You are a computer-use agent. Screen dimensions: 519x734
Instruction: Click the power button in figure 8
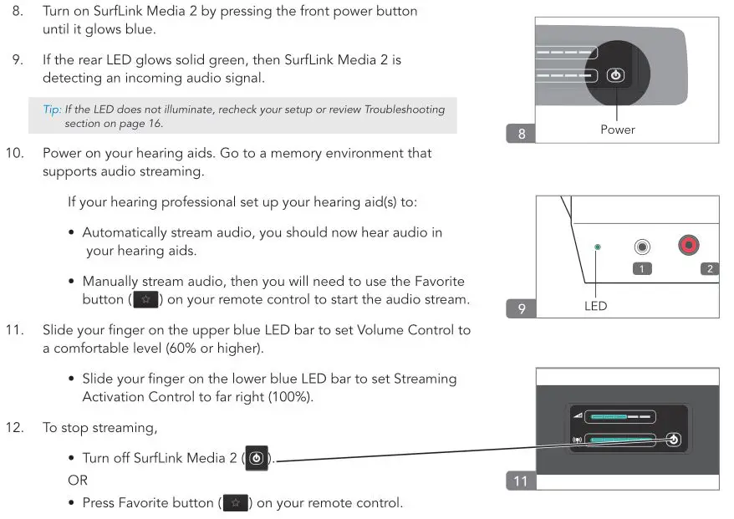point(615,75)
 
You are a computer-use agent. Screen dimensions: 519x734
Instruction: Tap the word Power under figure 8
point(617,130)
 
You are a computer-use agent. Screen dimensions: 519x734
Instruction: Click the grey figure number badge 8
point(522,133)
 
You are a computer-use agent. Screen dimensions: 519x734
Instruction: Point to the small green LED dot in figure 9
point(596,247)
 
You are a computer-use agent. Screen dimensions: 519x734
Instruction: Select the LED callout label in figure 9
point(595,306)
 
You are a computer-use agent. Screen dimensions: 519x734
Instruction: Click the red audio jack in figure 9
point(688,246)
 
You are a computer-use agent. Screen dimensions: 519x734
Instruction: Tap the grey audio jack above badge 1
point(642,247)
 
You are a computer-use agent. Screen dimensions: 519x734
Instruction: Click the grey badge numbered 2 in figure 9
point(709,268)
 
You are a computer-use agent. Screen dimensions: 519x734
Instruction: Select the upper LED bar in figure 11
point(619,415)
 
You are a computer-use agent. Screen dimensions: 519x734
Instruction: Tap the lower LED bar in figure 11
point(619,440)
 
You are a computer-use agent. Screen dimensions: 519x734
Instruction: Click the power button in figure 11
point(674,440)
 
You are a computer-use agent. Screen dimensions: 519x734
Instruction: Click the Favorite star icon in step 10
point(146,299)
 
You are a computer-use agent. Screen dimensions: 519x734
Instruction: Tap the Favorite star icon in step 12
point(235,503)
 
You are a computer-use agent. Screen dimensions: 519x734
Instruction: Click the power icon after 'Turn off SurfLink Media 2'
point(257,459)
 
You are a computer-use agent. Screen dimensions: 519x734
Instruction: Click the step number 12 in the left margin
point(14,428)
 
